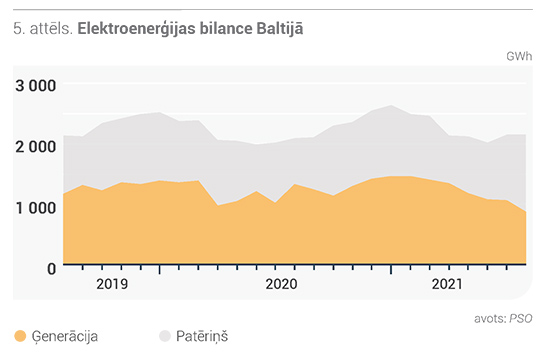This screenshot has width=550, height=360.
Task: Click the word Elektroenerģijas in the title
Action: [136, 29]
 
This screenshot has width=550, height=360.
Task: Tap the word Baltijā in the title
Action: [280, 29]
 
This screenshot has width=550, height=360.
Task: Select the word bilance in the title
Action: [226, 28]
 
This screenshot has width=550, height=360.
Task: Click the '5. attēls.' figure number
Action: [43, 28]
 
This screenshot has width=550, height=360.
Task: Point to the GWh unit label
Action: [519, 56]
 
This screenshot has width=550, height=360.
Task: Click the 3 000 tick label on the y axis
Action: [35, 86]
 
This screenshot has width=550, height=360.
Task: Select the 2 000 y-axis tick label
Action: [35, 147]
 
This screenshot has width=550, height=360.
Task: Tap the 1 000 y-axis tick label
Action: [35, 208]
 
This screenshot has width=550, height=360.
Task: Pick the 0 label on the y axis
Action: [52, 269]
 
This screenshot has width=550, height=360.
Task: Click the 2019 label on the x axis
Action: [112, 284]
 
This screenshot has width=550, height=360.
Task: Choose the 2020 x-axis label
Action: [281, 284]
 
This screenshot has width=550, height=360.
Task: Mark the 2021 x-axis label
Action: [447, 284]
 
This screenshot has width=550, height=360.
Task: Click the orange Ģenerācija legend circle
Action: [20, 336]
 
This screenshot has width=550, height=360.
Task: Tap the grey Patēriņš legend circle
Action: [165, 336]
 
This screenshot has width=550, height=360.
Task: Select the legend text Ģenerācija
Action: [65, 336]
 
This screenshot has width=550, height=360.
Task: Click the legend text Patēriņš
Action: [202, 336]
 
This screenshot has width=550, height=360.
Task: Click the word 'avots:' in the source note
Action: [490, 319]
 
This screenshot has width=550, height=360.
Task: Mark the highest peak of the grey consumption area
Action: [391, 105]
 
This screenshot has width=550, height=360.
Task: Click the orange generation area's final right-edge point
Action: [526, 212]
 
